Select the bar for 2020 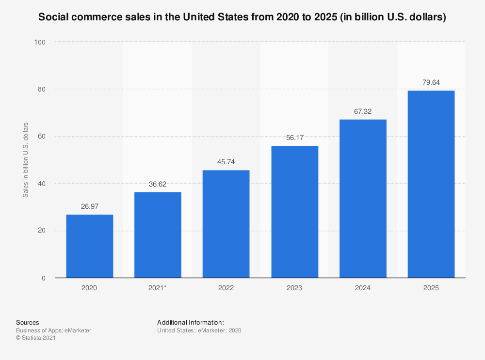point(89,246)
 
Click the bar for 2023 point(294,212)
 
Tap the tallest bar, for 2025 point(431,184)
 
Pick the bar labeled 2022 point(226,224)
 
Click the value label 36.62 point(158,184)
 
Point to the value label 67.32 point(363,111)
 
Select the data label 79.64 point(431,82)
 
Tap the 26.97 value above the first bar point(89,207)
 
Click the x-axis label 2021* point(158,288)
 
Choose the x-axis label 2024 point(363,288)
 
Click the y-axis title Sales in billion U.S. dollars point(26,160)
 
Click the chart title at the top point(242,17)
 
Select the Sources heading point(27,322)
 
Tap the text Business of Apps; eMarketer point(53,330)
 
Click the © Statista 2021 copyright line point(36,338)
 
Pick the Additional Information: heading point(191,322)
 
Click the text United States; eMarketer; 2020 point(199,330)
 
